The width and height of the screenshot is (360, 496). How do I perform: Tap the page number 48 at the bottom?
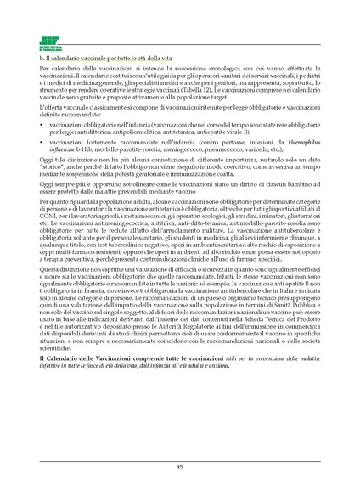click(x=179, y=465)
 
